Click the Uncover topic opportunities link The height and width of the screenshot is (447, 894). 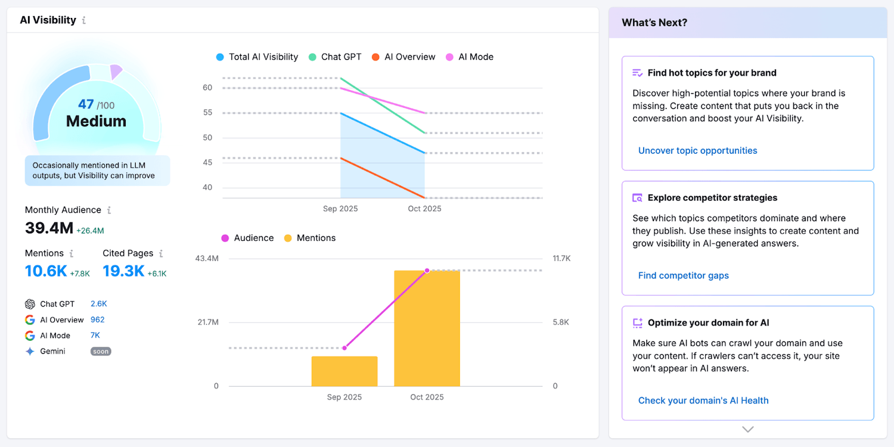pos(697,151)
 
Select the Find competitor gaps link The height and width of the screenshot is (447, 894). pos(683,275)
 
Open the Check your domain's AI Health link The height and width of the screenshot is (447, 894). pos(703,401)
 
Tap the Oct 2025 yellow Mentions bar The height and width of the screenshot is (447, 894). pos(427,328)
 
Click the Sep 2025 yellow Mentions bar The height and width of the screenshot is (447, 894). pos(344,371)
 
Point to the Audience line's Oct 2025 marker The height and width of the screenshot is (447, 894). pos(427,271)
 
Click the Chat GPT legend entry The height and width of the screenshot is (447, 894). pos(335,57)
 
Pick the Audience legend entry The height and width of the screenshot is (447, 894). pos(247,238)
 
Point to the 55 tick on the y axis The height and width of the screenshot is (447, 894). pos(207,113)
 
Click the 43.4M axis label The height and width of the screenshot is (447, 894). pos(207,259)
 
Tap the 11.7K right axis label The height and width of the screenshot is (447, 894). pos(561,259)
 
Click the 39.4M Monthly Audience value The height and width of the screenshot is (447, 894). pos(49,228)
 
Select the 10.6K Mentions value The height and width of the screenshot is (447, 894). pos(46,271)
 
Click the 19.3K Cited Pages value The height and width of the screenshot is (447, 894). pos(123,271)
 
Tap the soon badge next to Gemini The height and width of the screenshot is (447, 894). pos(101,352)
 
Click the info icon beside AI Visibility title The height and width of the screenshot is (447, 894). pos(84,20)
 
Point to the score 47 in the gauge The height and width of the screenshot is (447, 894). pos(86,104)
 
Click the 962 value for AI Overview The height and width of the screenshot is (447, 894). pos(98,320)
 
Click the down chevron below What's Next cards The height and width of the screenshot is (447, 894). pos(748,429)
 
